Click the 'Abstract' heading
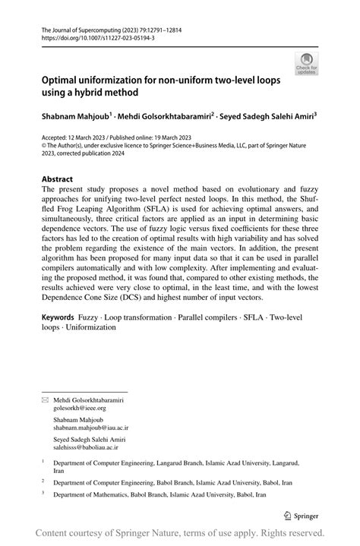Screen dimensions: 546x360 point(57,180)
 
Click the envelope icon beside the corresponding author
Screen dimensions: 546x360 point(45,399)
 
